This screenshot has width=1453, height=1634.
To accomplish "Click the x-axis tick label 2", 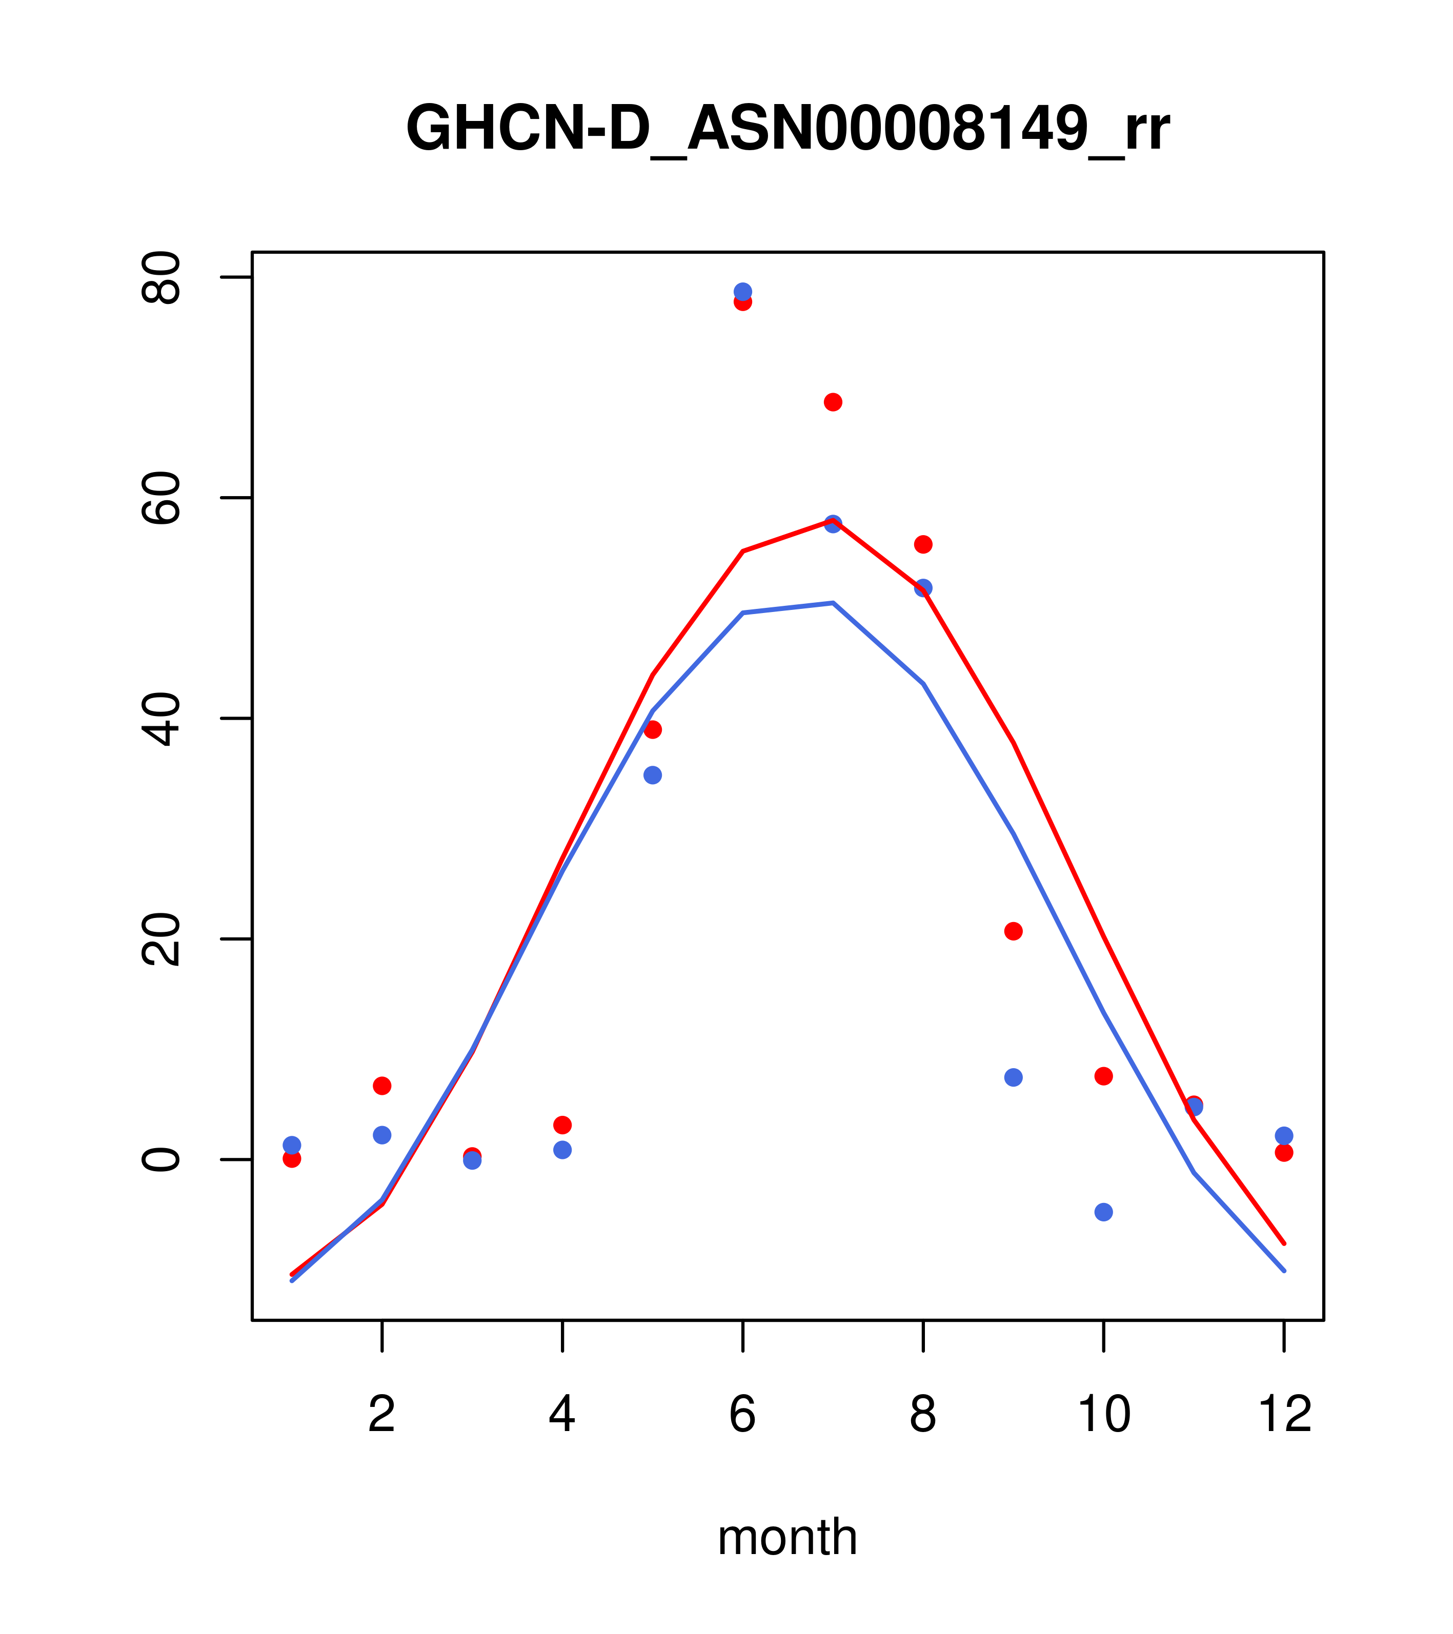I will click(x=382, y=1415).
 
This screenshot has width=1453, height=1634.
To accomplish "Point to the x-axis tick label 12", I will click(x=1284, y=1415).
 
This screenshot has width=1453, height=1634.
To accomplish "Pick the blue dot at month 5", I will click(x=653, y=775).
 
